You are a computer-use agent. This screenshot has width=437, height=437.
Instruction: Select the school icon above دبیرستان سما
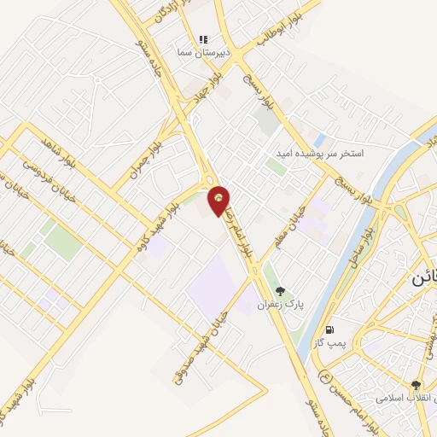click(203, 39)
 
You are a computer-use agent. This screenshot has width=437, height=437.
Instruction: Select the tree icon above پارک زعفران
click(280, 292)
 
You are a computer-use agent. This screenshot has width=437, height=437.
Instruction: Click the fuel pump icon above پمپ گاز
click(329, 329)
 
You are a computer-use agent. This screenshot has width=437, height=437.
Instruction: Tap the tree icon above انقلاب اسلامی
click(416, 385)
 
